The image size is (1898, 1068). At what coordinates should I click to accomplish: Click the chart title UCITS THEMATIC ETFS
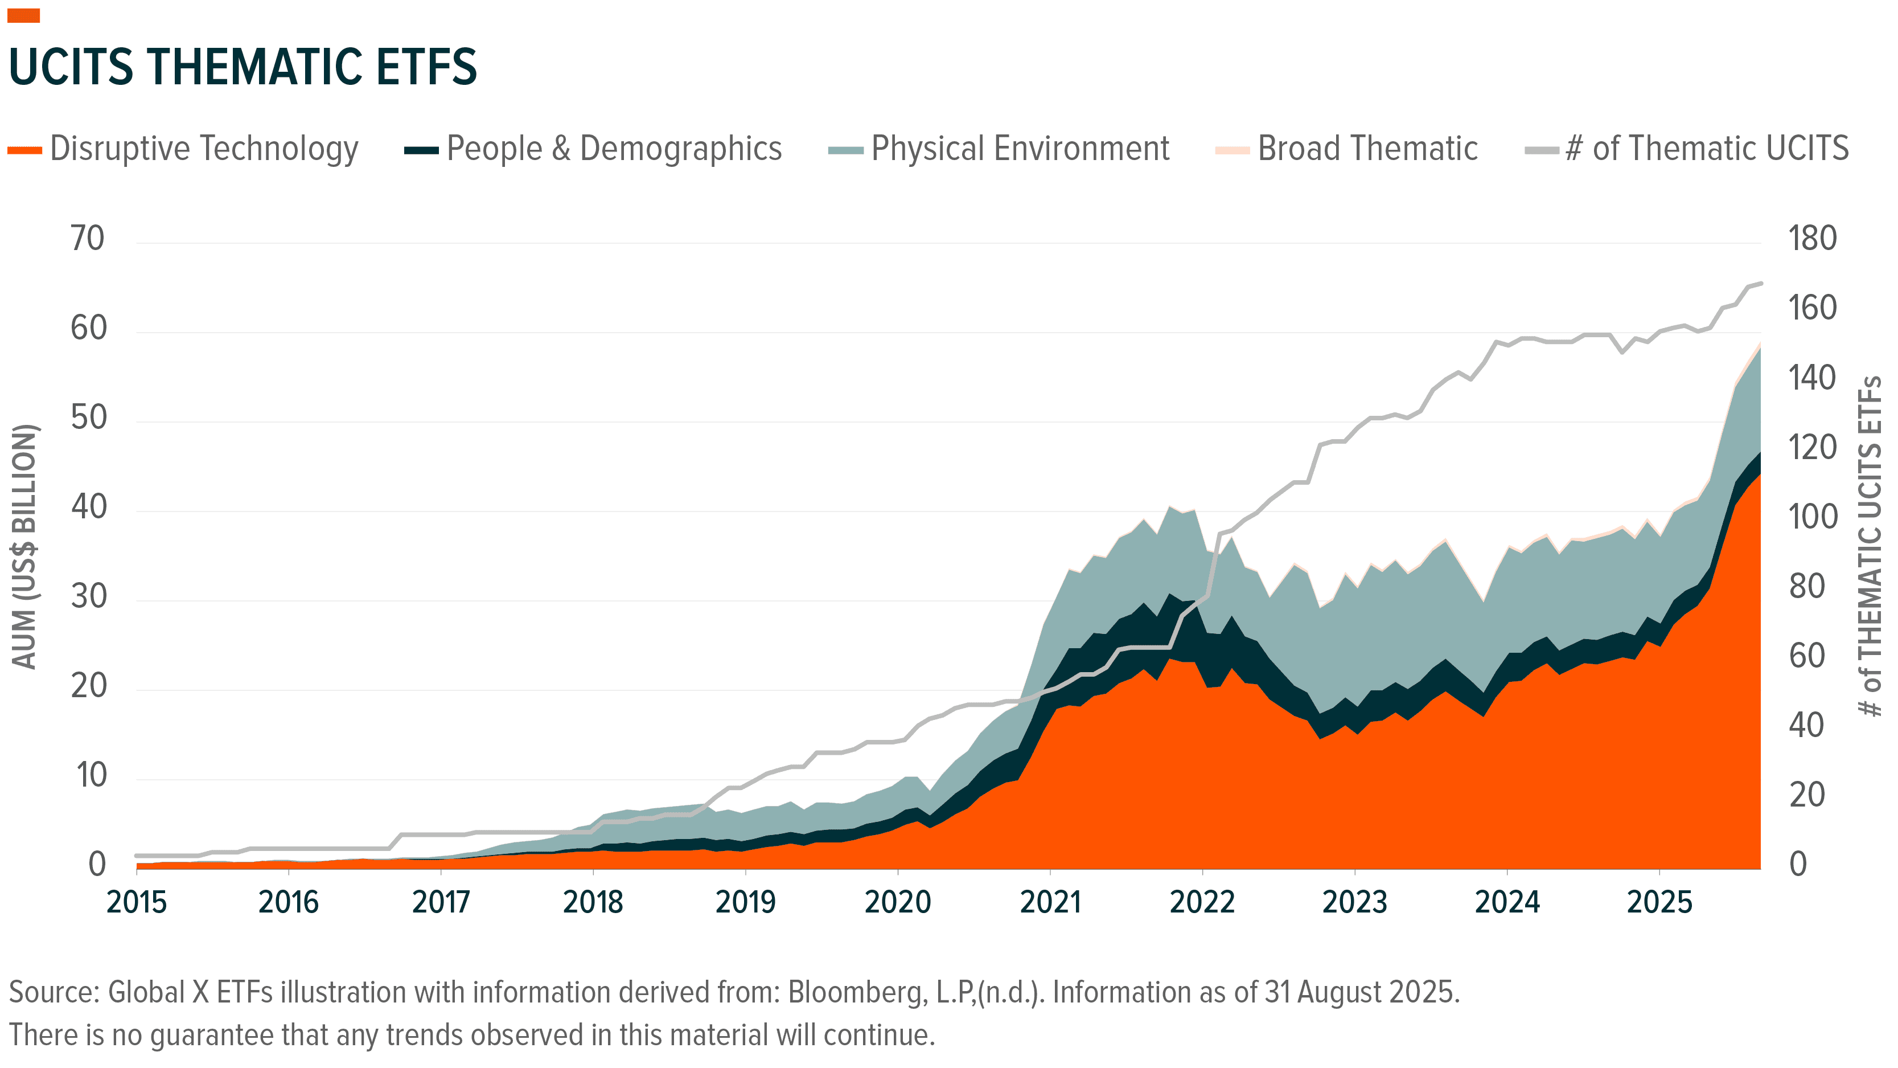point(243,67)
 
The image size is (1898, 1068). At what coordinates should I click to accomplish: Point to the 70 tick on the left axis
point(88,239)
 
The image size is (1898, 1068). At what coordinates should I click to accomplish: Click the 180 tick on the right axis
point(1812,239)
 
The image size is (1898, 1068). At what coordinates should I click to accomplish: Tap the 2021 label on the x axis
point(1050,902)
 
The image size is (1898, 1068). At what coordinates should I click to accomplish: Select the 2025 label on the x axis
point(1659,902)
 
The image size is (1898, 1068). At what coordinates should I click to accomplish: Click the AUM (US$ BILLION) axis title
point(24,547)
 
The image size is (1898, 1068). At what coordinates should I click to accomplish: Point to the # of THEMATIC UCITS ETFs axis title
point(1870,547)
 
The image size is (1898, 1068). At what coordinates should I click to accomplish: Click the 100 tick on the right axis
point(1812,517)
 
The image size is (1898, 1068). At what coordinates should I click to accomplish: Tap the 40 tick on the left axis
point(88,507)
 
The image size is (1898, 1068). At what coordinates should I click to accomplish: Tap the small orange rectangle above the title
point(23,15)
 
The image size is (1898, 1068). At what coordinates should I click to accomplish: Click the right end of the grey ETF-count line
point(1760,284)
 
